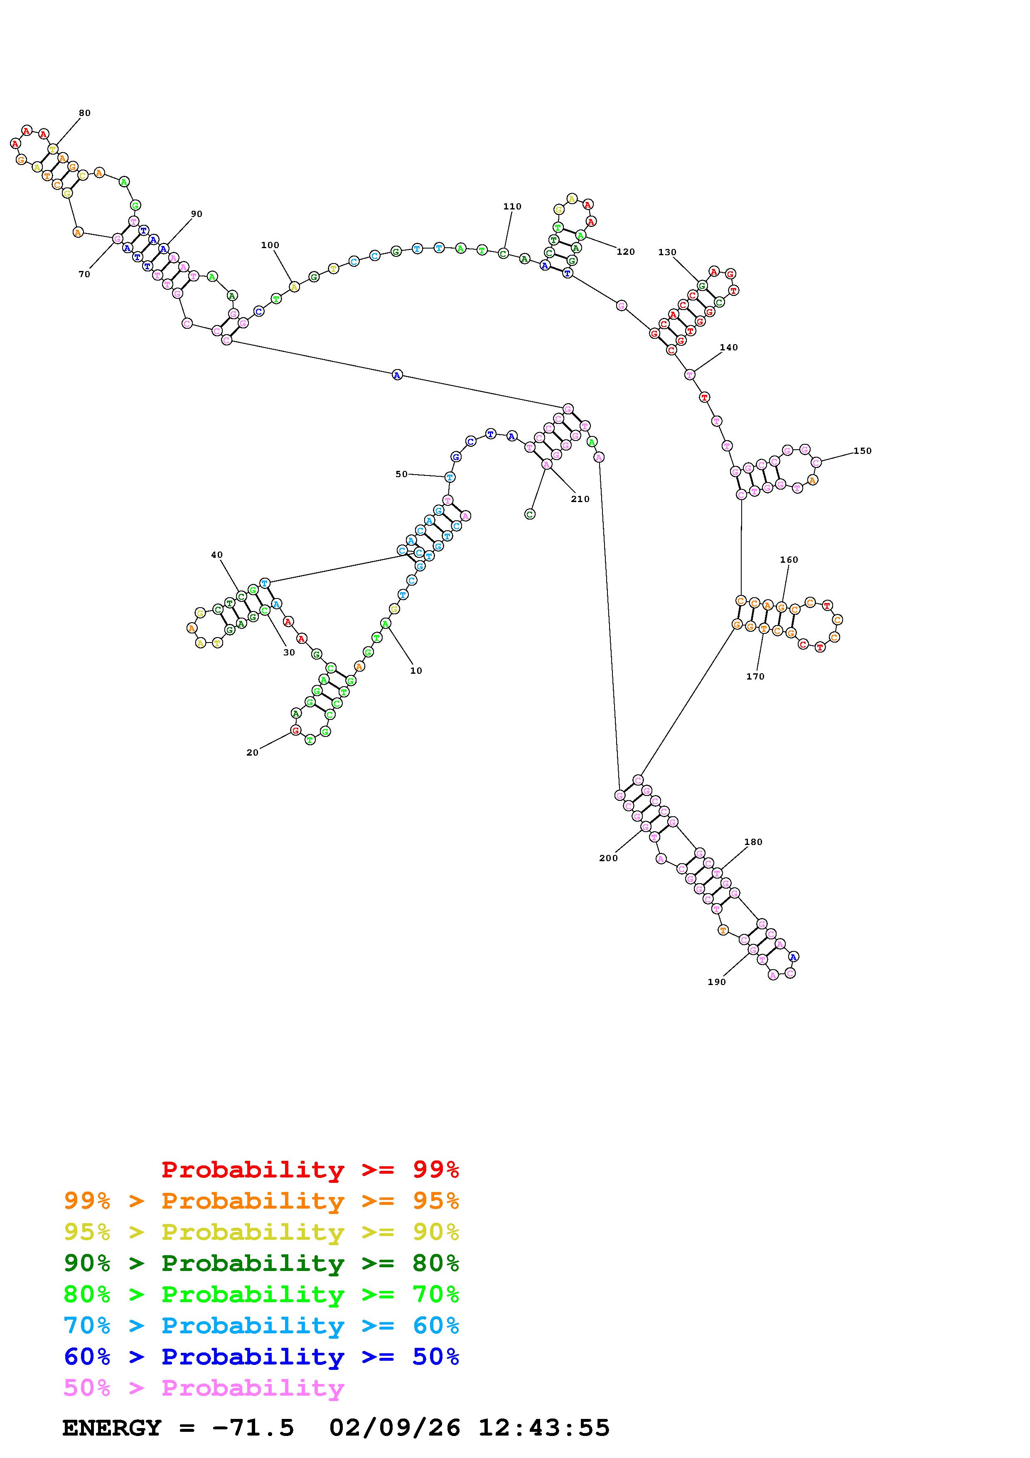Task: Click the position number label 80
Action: pos(84,113)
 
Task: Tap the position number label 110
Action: pos(512,207)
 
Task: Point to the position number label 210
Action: pos(580,499)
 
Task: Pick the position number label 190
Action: pos(716,982)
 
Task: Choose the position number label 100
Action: pos(270,245)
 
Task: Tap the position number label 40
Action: pos(217,555)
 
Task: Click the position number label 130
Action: pos(667,252)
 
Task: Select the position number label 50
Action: pos(401,474)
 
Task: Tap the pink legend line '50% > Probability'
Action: pos(204,1387)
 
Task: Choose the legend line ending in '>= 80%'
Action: pos(261,1263)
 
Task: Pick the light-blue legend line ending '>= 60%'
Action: pos(261,1325)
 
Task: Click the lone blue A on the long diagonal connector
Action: pos(397,375)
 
